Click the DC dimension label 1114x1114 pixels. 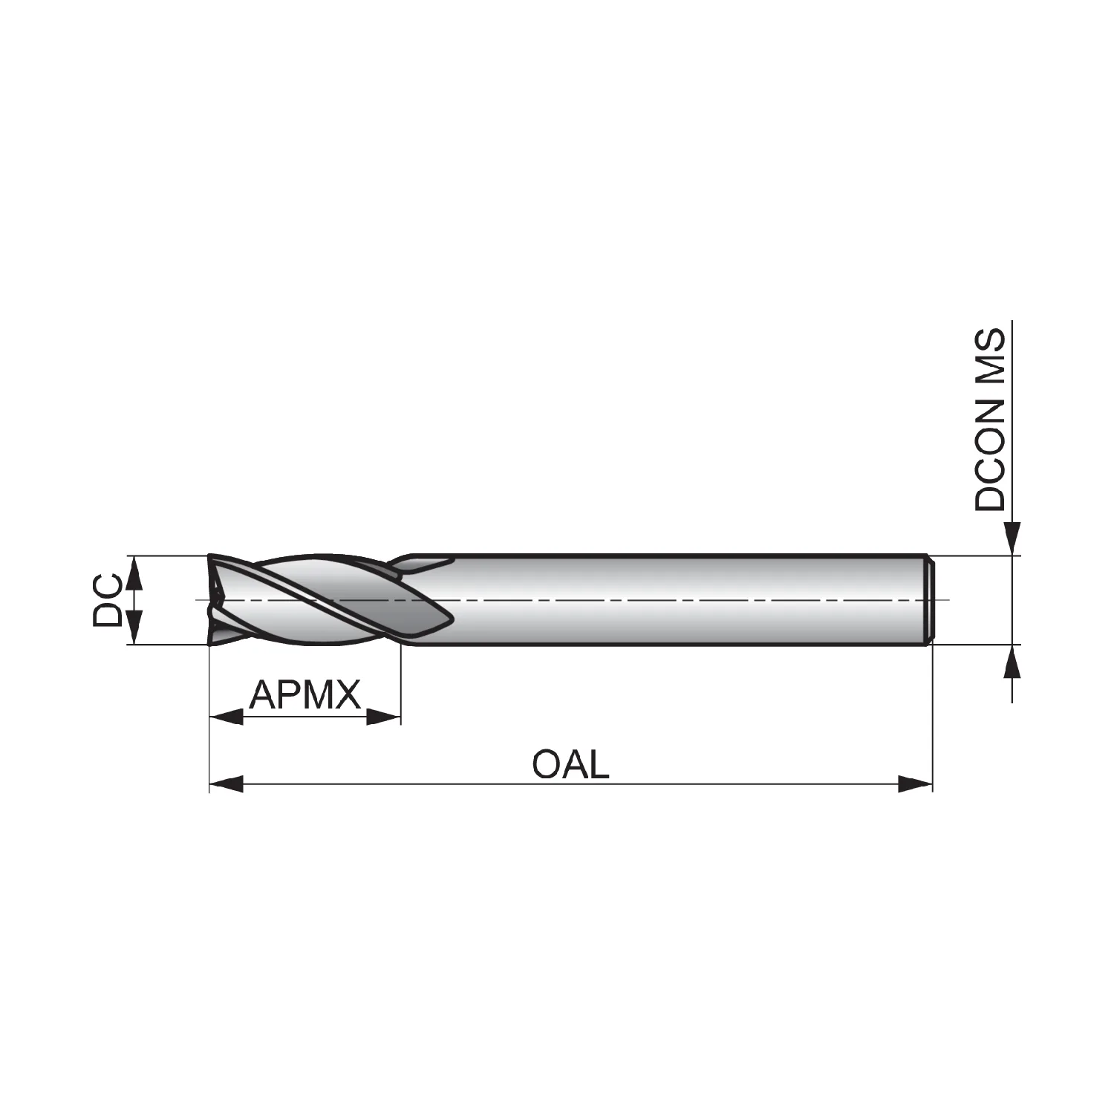point(107,599)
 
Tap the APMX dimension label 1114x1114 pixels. point(304,695)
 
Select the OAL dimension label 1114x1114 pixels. point(570,764)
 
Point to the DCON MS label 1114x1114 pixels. point(990,420)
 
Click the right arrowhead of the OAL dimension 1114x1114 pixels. point(915,784)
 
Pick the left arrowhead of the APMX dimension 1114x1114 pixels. point(227,717)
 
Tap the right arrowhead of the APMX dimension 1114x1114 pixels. point(383,717)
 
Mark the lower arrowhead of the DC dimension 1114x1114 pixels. point(134,627)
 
